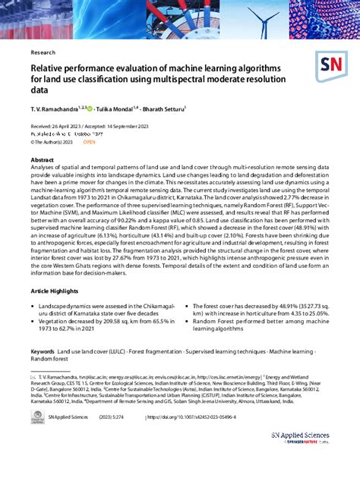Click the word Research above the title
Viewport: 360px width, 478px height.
point(43,53)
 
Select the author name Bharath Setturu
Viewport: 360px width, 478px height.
point(189,108)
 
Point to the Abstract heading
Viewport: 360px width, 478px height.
point(42,161)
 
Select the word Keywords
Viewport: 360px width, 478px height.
point(43,352)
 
